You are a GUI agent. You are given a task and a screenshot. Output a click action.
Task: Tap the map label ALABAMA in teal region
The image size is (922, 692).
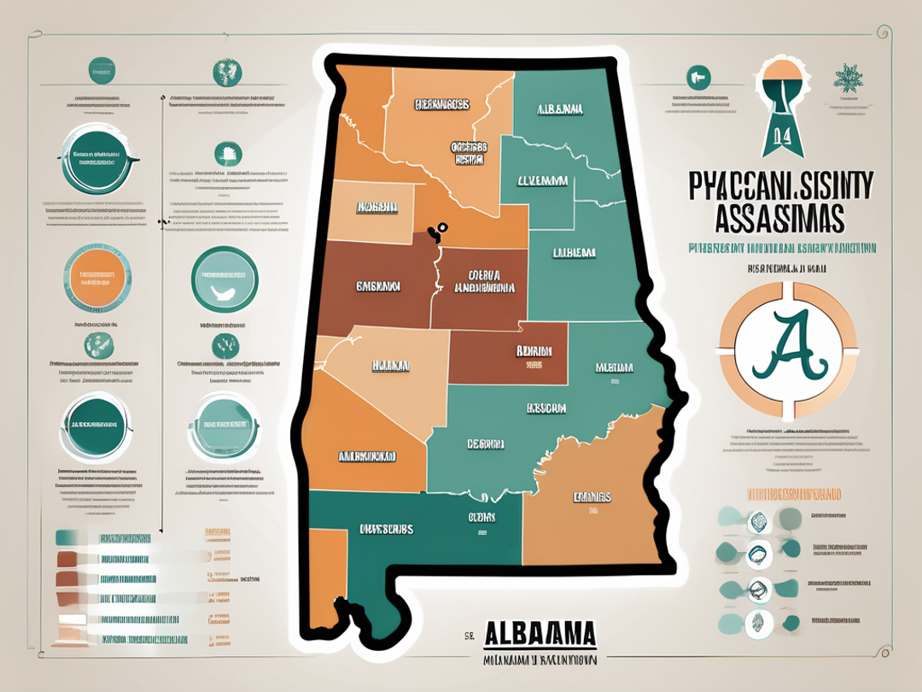pos(559,110)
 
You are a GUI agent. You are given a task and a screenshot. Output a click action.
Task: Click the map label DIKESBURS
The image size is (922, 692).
pos(386,529)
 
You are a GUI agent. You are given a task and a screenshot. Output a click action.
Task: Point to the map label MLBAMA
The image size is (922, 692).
pos(614,367)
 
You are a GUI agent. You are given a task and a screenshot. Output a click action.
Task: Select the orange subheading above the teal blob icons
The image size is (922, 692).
pos(790,494)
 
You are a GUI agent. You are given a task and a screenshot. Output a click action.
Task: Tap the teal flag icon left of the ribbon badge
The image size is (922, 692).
pos(698,78)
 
